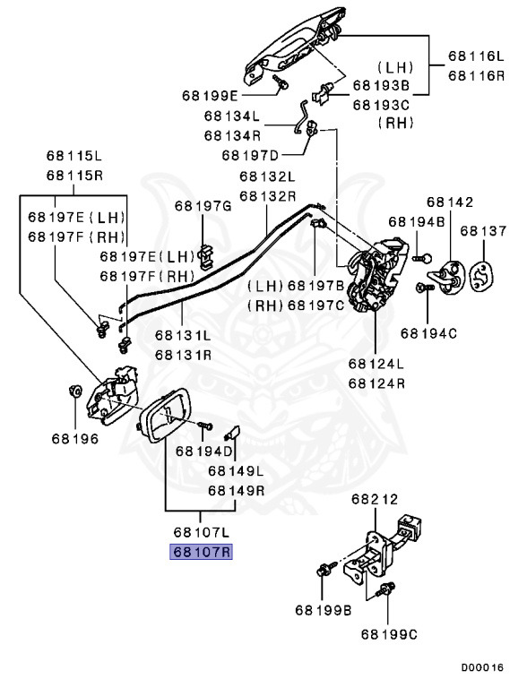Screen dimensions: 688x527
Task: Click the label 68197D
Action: [x=251, y=154]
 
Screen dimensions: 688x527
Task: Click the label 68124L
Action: [x=376, y=364]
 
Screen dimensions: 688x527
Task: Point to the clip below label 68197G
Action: [x=205, y=256]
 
